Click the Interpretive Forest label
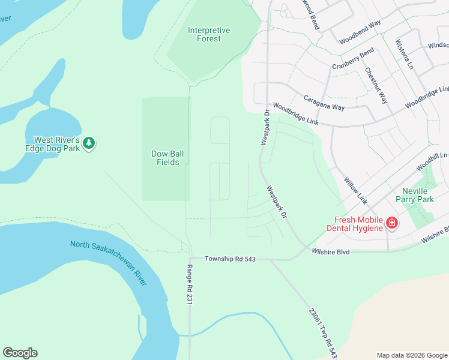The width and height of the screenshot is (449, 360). pos(204,34)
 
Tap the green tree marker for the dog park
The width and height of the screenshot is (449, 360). pos(89,143)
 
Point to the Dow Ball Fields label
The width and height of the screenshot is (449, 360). pos(167,158)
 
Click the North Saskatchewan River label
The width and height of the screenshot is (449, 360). pos(109,264)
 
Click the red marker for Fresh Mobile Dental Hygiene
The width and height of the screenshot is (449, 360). pos(391,223)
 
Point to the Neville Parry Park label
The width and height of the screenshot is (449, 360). pos(418,195)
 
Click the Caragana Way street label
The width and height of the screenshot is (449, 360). pos(324,101)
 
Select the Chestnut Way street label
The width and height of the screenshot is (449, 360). pos(376,86)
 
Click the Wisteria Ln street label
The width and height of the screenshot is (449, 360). pos(402,55)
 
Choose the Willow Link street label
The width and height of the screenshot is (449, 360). pos(355,189)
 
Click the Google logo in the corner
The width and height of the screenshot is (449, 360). pos(20,353)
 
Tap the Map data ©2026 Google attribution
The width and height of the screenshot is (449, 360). pos(411,355)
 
